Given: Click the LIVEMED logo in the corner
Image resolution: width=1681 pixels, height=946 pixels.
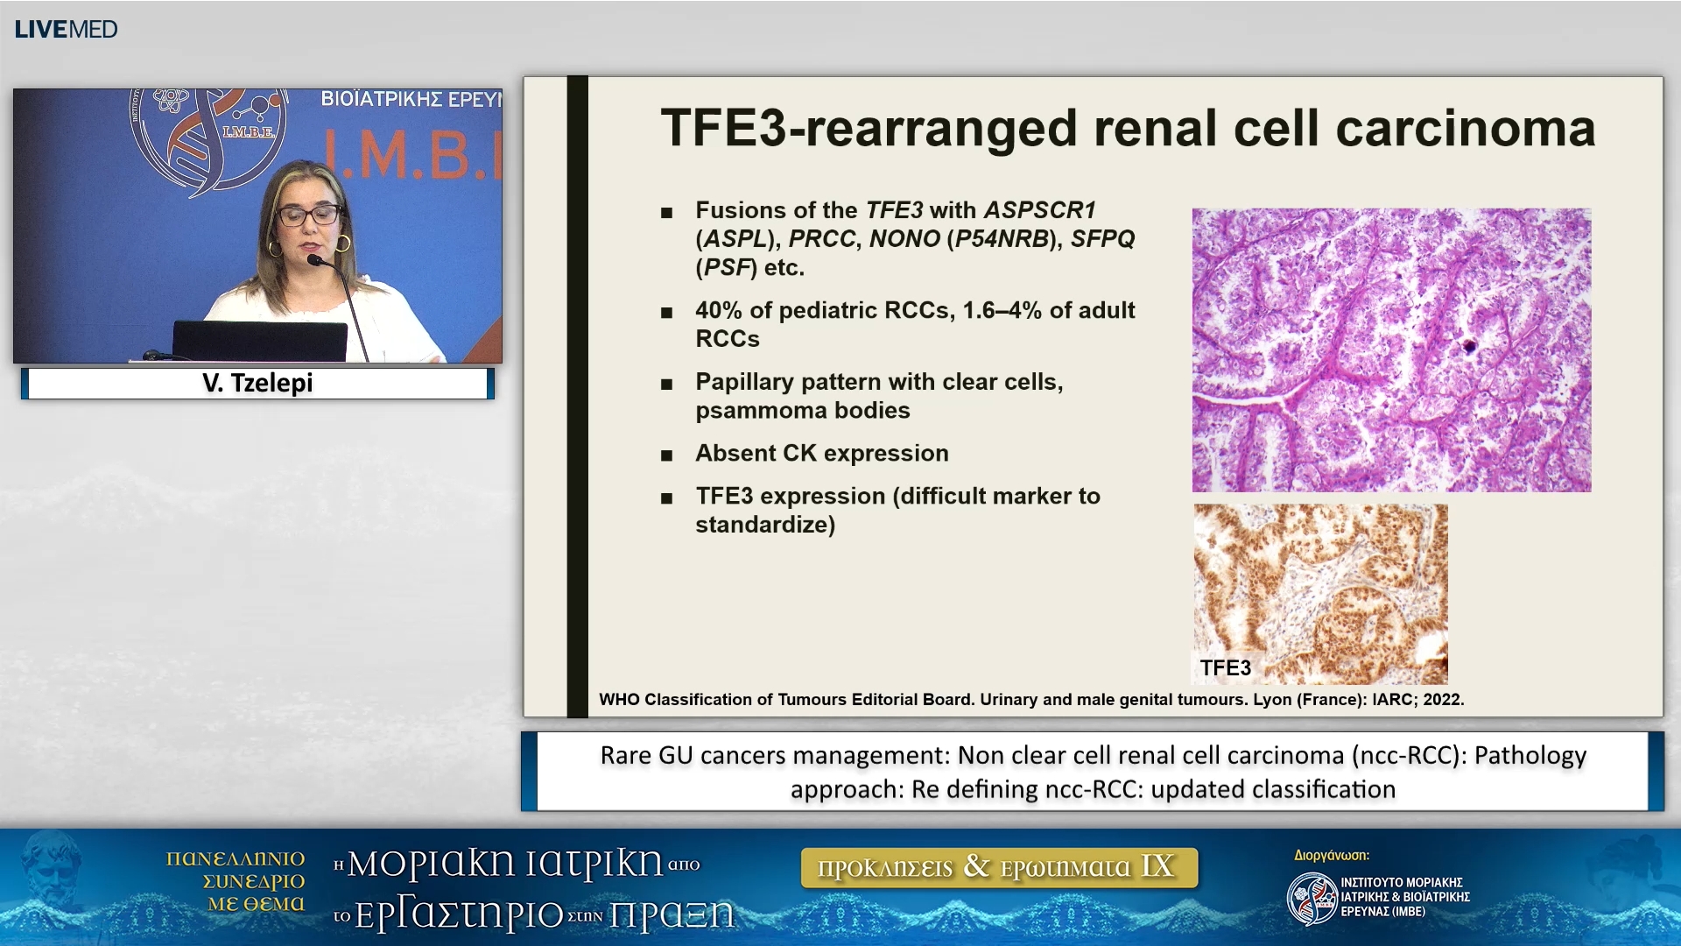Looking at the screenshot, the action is [66, 29].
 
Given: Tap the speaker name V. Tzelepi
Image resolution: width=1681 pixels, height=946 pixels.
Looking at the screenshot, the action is [257, 383].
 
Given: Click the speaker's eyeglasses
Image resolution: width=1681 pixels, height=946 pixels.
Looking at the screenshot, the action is [309, 215].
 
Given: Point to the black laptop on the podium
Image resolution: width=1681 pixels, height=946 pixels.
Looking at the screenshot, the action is [260, 341].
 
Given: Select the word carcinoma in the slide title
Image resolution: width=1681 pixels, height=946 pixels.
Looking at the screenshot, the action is [1466, 128].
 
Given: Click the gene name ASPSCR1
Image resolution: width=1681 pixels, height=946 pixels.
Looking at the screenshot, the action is [1040, 210].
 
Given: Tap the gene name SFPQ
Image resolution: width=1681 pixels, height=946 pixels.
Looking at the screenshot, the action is [1102, 238].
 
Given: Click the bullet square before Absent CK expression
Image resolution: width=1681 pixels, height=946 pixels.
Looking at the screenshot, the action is [667, 455].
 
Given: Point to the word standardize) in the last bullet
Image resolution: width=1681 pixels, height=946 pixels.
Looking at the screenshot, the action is [765, 525].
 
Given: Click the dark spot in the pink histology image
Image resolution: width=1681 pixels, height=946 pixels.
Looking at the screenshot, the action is [1469, 347].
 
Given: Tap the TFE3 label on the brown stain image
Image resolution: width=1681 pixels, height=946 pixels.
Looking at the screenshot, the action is [1225, 668].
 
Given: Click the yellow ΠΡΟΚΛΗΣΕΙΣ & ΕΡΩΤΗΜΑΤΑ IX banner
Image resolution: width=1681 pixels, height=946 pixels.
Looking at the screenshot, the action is [999, 867].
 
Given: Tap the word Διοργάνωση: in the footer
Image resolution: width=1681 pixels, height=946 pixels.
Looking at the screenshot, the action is [1332, 856].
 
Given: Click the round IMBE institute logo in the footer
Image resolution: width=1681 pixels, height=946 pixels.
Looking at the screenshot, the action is [1312, 899].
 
